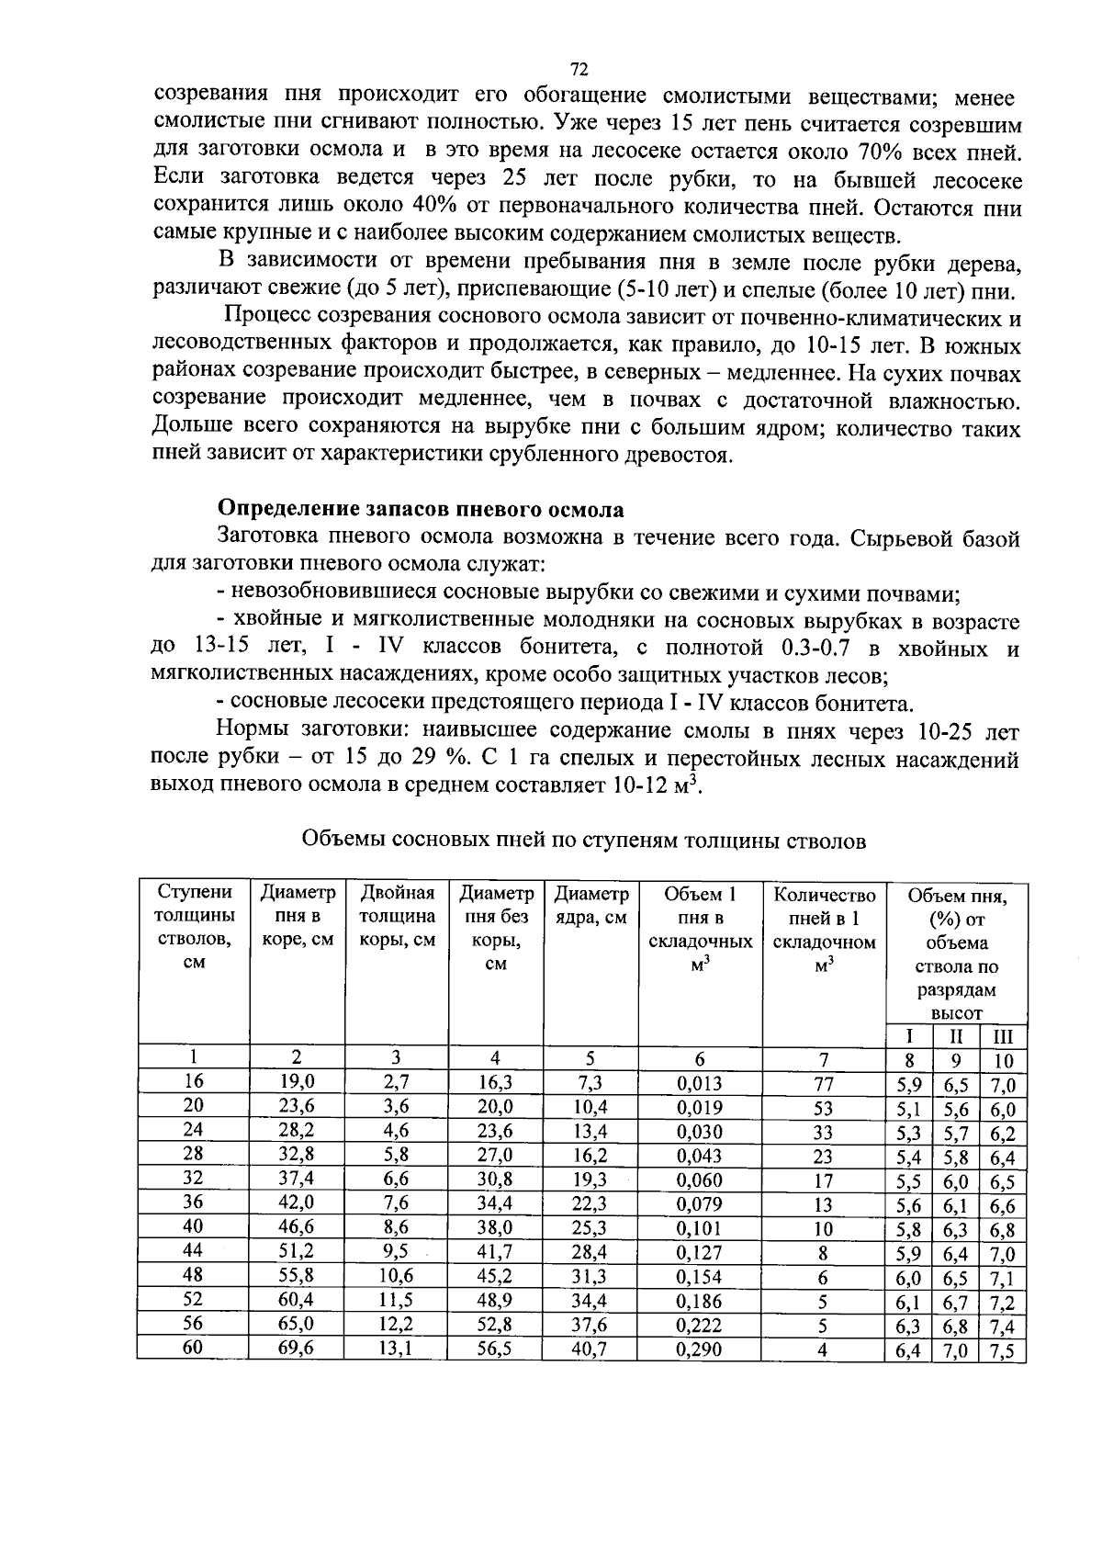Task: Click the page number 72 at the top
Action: [579, 70]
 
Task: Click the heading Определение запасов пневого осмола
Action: [420, 510]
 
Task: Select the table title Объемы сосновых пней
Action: [583, 840]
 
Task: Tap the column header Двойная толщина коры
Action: [396, 917]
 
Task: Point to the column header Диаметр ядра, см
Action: [591, 905]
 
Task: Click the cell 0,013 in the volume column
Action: [699, 1083]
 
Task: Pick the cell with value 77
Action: [823, 1083]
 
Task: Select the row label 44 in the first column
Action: [193, 1251]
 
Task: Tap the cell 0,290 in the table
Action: [699, 1349]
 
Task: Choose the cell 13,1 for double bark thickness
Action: [396, 1349]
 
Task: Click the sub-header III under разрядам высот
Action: [1003, 1037]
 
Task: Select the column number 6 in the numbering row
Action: [699, 1058]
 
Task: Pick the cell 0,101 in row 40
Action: [699, 1228]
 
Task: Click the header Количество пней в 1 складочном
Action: [824, 929]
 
